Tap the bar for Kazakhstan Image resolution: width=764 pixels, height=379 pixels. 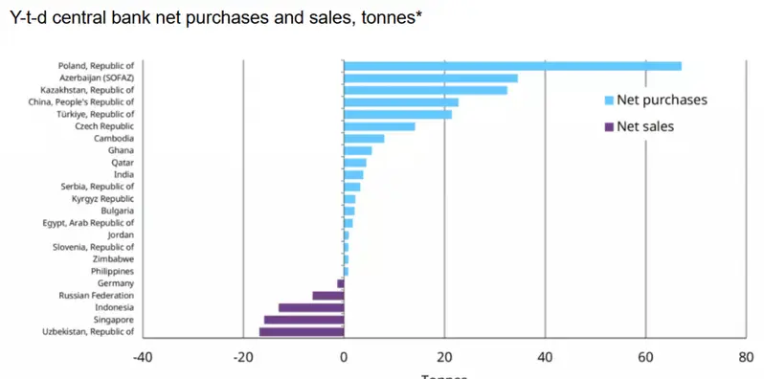[x=425, y=90]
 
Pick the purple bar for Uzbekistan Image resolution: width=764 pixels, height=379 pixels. [x=302, y=332]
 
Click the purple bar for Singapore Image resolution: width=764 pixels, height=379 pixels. [x=303, y=320]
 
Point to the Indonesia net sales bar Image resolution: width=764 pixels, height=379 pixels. [x=311, y=308]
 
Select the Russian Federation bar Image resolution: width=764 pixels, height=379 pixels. [x=327, y=296]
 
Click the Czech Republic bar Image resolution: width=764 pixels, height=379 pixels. [x=379, y=126]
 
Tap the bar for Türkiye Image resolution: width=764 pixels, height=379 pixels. [x=397, y=114]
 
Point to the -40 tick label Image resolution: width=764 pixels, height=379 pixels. [x=143, y=358]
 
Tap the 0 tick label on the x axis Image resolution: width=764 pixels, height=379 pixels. [x=344, y=358]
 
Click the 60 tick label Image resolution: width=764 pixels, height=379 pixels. [x=645, y=358]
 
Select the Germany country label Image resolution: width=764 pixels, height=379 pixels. [x=115, y=283]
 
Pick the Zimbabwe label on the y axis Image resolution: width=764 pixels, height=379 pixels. [x=113, y=259]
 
